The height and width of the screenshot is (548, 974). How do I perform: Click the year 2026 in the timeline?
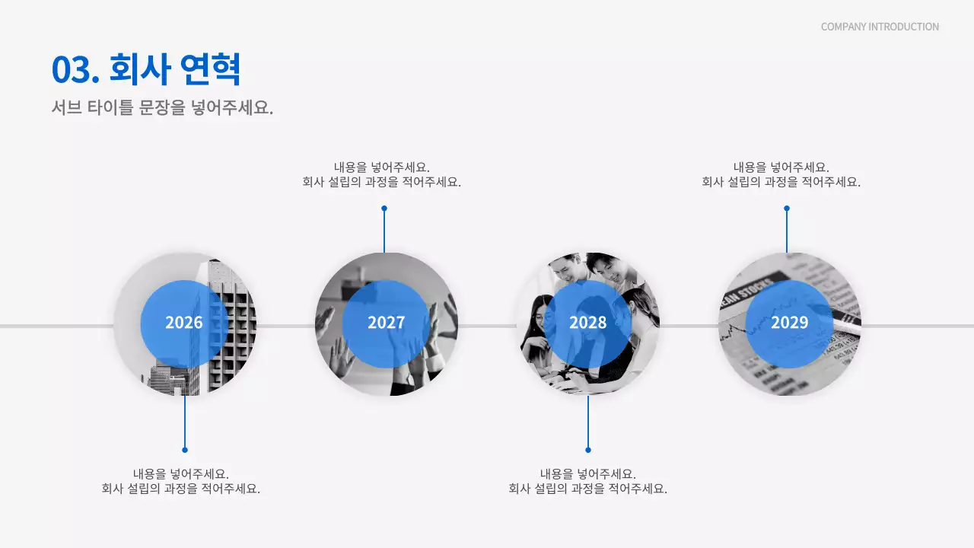(x=184, y=323)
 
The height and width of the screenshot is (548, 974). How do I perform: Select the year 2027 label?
(x=386, y=323)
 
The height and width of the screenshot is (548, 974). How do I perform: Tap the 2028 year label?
(x=587, y=323)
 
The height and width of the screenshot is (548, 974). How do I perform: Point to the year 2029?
(x=789, y=323)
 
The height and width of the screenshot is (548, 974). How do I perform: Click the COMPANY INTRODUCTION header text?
(x=880, y=27)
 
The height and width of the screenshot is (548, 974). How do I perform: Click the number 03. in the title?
(x=75, y=70)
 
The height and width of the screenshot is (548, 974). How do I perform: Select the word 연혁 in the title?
(x=211, y=70)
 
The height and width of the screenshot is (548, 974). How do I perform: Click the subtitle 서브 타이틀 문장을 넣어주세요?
(x=162, y=108)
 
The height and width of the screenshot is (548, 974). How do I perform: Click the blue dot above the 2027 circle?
(x=384, y=208)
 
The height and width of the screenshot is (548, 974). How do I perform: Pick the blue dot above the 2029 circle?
(x=787, y=208)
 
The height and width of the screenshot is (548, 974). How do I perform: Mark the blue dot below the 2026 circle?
(x=185, y=450)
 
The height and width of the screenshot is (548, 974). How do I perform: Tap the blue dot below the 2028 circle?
(x=588, y=450)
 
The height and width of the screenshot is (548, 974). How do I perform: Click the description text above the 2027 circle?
(x=382, y=175)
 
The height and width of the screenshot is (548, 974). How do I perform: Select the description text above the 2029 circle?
(x=781, y=175)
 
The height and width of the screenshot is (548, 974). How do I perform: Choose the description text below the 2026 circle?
(x=181, y=481)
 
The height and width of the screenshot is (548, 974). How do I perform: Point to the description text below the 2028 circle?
(x=588, y=481)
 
